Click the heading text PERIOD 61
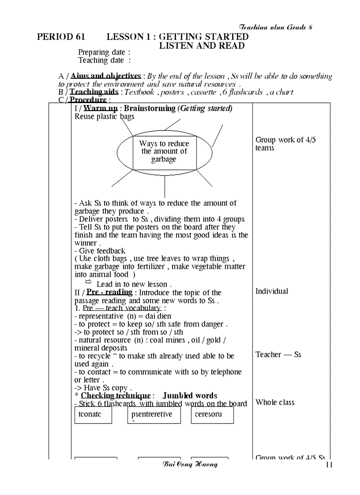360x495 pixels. pyautogui.click(x=61, y=37)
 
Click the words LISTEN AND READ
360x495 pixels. pyautogui.click(x=202, y=46)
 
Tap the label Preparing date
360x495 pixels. pyautogui.click(x=104, y=53)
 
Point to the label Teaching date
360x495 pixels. pyautogui.click(x=104, y=60)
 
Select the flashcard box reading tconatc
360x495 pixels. pyautogui.click(x=93, y=415)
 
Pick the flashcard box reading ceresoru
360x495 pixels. pyautogui.click(x=212, y=415)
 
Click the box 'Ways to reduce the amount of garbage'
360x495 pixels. pyautogui.click(x=164, y=152)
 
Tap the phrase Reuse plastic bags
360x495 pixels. pyautogui.click(x=105, y=117)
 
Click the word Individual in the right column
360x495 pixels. pyautogui.click(x=272, y=291)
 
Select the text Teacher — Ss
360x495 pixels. pyautogui.click(x=278, y=355)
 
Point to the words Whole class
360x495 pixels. pyautogui.click(x=275, y=402)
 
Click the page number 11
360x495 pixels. pyautogui.click(x=329, y=465)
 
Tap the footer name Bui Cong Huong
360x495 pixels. pyautogui.click(x=190, y=465)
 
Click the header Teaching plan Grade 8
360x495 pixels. pyautogui.click(x=275, y=27)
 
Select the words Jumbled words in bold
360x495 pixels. pyautogui.click(x=190, y=396)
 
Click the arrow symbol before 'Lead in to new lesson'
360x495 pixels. pyautogui.click(x=88, y=282)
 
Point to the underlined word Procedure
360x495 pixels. pyautogui.click(x=88, y=100)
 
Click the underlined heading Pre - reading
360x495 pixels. pyautogui.click(x=109, y=292)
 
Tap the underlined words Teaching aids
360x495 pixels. pyautogui.click(x=94, y=92)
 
